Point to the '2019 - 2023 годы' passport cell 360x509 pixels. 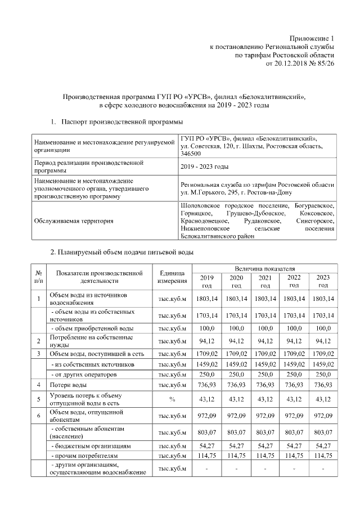204,166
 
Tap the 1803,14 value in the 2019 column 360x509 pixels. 208,298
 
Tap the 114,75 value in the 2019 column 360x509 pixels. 208,455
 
